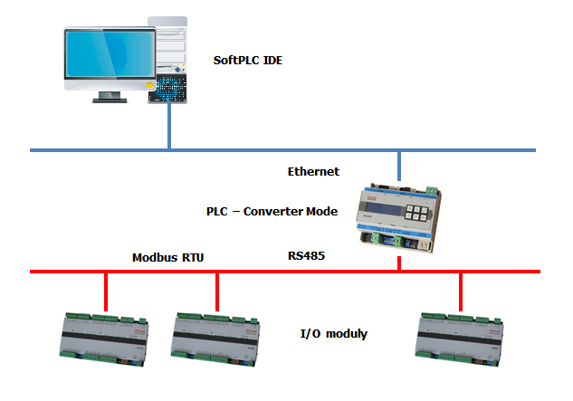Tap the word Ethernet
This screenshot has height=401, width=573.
[x=313, y=171]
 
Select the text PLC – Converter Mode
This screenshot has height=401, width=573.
[x=272, y=211]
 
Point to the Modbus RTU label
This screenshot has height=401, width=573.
[x=169, y=257]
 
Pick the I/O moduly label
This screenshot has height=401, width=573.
[x=332, y=333]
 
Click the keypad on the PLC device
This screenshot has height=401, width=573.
[x=417, y=214]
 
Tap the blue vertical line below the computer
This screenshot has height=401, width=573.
[x=169, y=127]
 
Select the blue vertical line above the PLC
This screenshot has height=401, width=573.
[x=398, y=163]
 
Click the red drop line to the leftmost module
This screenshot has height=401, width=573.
[x=107, y=291]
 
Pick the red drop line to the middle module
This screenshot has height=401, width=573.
[x=217, y=291]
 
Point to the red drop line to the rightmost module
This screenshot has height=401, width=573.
[x=461, y=291]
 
